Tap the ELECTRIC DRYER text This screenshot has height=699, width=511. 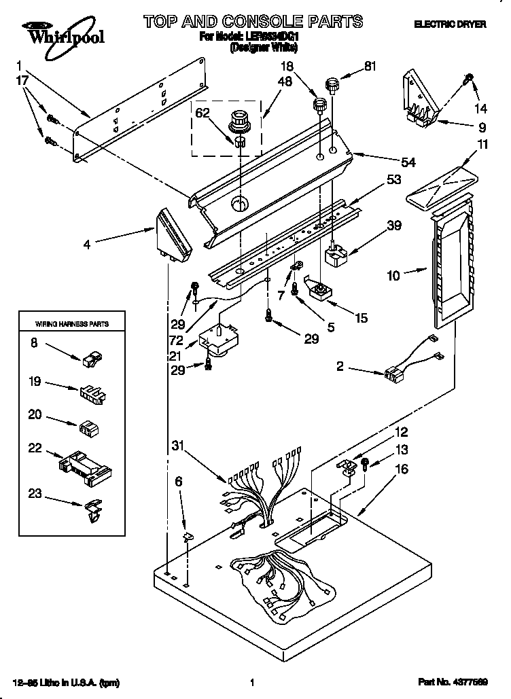tap(451, 24)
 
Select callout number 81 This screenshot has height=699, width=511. tap(370, 67)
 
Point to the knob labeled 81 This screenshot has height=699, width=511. tap(332, 86)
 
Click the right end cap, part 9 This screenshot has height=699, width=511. tap(420, 99)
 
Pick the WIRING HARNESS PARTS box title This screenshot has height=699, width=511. tap(71, 324)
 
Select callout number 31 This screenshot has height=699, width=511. tap(178, 446)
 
